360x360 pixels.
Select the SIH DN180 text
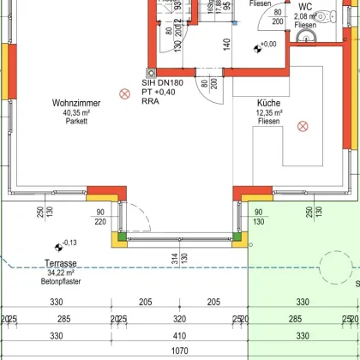167,73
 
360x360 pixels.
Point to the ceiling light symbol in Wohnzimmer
123,93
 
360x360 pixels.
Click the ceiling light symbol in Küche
301,126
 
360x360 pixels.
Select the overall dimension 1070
178,351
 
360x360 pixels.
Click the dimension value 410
178,336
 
